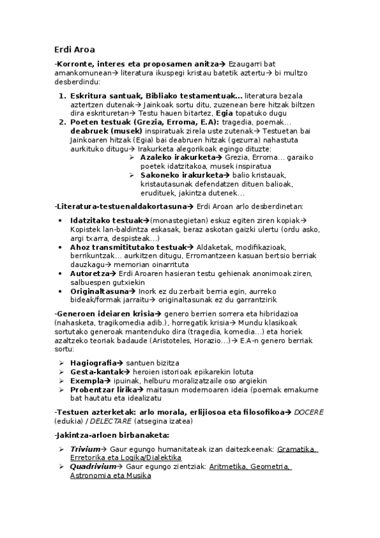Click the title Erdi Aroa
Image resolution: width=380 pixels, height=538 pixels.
[74, 49]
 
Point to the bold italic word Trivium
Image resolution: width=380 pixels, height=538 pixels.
[85, 449]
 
